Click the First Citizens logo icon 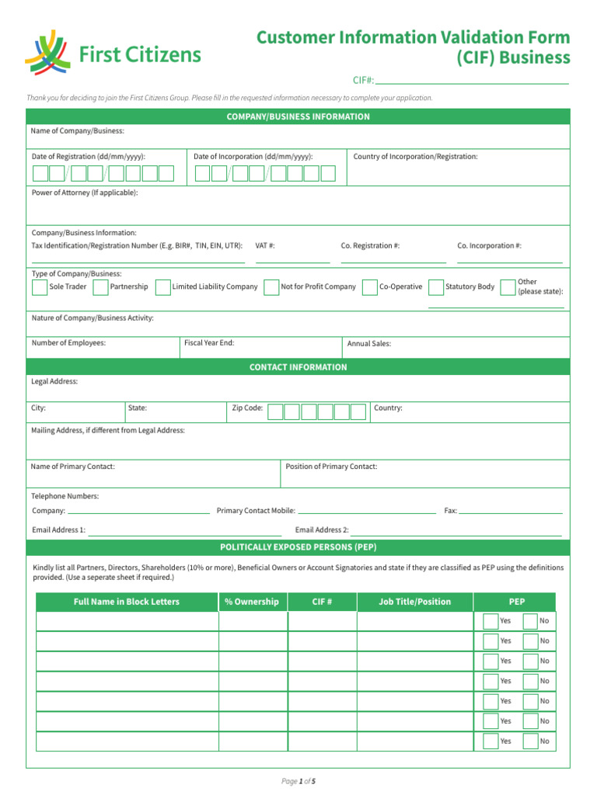coord(47,52)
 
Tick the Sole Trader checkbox coord(39,287)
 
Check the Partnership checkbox coord(100,287)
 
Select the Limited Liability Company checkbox coord(162,287)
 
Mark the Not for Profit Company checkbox coord(271,287)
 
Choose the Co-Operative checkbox coord(370,287)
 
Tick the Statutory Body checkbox coord(436,287)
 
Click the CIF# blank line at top coord(472,81)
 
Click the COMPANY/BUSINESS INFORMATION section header coord(298,116)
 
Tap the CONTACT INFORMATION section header coord(298,367)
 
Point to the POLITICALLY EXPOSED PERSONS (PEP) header coord(298,547)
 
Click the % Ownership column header coord(252,602)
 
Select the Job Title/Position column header coord(414,602)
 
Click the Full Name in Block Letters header coord(126,602)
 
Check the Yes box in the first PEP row coord(490,621)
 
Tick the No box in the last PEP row coord(530,741)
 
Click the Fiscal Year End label coord(209,343)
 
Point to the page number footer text coord(298,781)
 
